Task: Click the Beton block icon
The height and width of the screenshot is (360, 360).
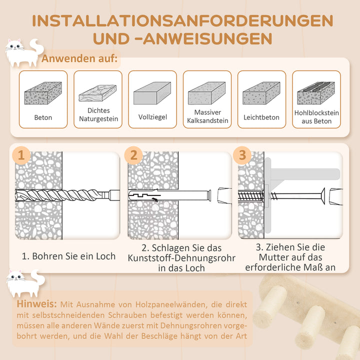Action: point(43,93)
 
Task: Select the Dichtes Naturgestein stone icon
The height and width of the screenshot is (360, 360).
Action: point(97,93)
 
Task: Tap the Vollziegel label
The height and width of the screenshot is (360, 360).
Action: point(152,117)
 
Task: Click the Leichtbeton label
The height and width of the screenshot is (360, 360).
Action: point(261,117)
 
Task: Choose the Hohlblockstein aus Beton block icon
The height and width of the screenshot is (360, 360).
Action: point(316,92)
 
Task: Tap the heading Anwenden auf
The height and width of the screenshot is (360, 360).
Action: point(79,58)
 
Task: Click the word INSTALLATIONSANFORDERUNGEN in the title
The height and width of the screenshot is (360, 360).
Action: point(182,21)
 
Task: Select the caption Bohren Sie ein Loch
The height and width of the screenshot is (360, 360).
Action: point(68,256)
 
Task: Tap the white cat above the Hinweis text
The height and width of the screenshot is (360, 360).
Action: point(22,282)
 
